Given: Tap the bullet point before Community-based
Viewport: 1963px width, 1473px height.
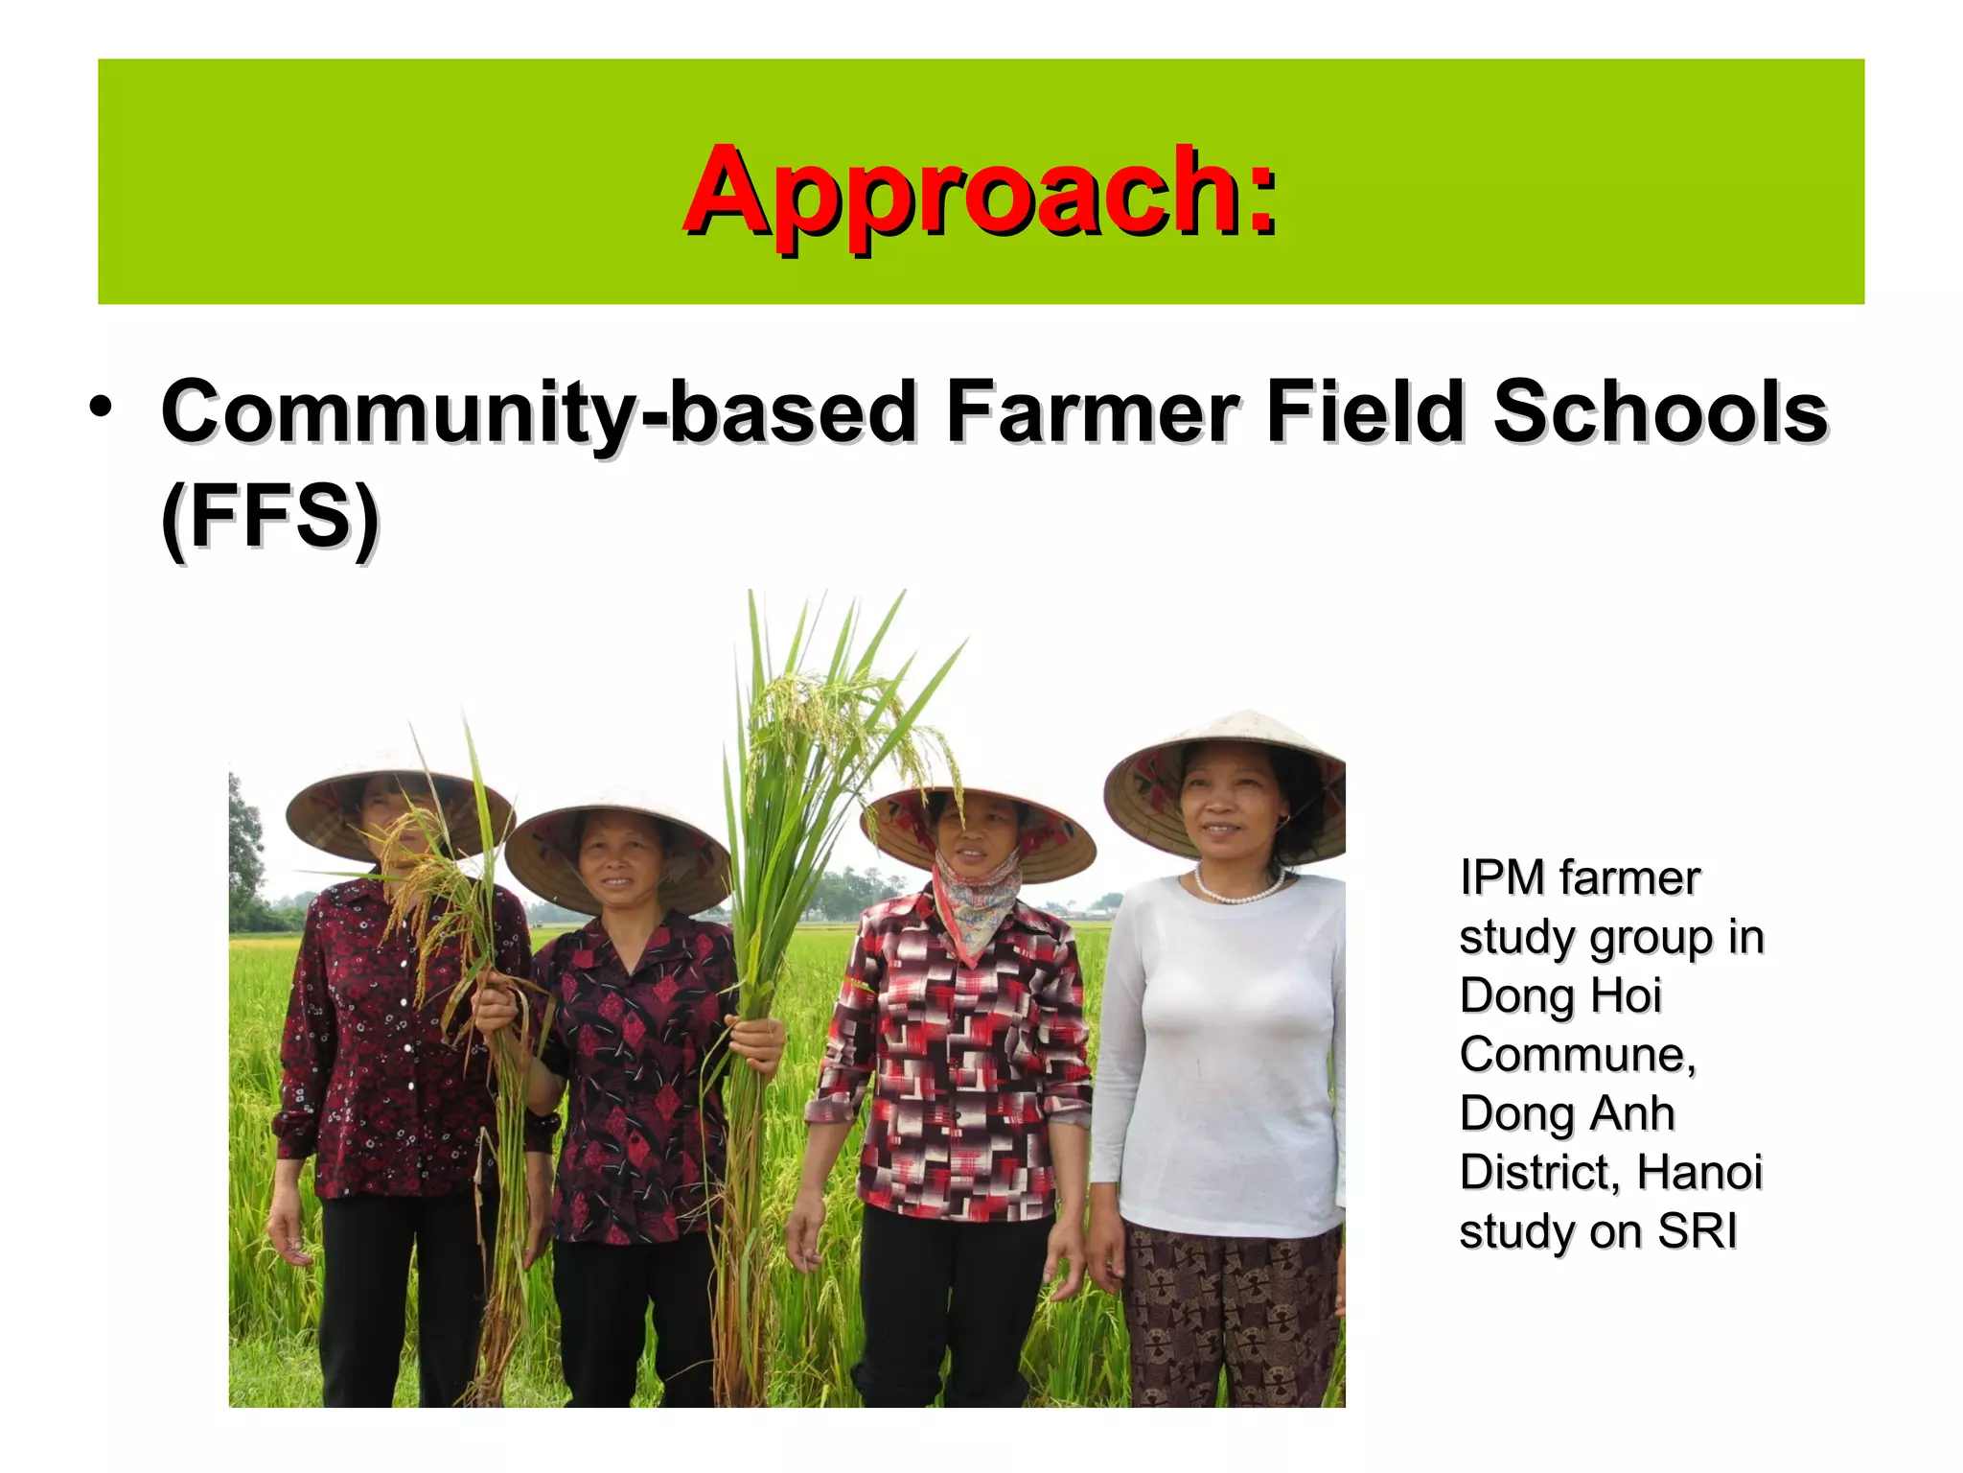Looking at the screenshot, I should [100, 409].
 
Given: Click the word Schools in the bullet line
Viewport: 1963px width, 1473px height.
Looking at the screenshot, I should [1660, 412].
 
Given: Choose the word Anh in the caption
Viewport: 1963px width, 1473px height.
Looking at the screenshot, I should [1628, 1113].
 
